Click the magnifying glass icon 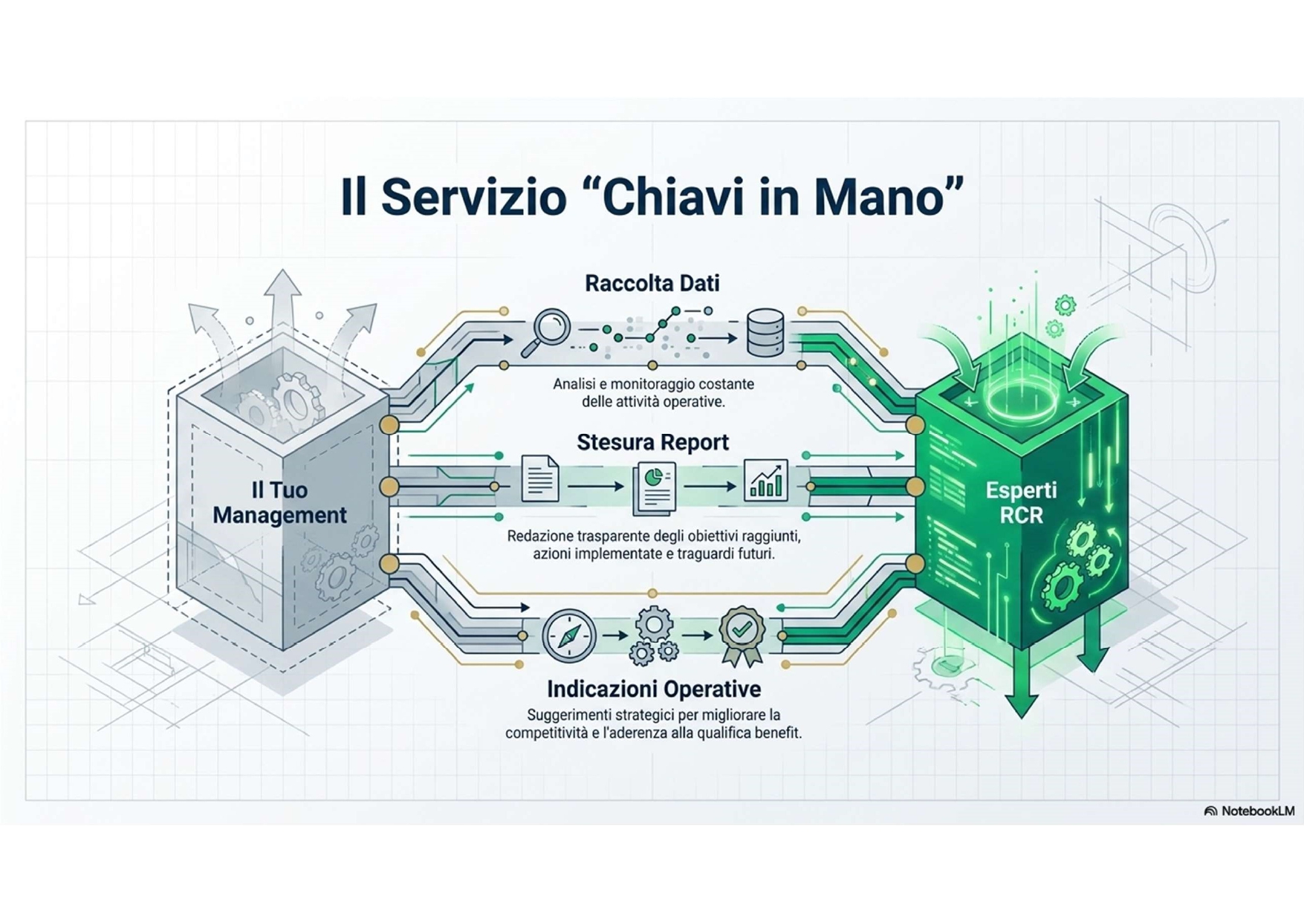coord(548,331)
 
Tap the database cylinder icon coord(765,333)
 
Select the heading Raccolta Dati coord(652,283)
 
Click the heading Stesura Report coord(652,442)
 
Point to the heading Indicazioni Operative coord(654,689)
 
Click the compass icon coord(569,636)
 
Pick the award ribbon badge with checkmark coord(741,635)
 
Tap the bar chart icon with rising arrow coord(765,480)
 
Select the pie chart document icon coord(655,487)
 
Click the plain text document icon coord(540,478)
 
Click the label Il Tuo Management coord(279,502)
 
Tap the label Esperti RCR coord(1021,502)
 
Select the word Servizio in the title coord(473,197)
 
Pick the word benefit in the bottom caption coord(777,733)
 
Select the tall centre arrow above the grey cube coord(282,312)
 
